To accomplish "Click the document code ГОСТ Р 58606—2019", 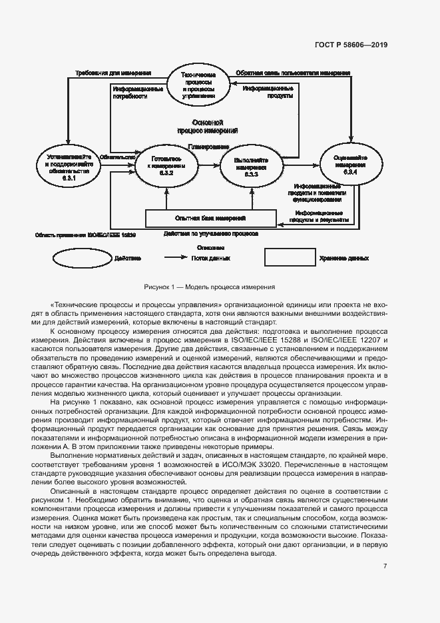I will coord(351,45).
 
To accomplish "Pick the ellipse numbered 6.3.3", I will coord(251,164).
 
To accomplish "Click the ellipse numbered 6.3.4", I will coord(351,163).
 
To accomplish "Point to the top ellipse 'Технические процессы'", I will coord(198,85).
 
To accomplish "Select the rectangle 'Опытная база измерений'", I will coord(210,218).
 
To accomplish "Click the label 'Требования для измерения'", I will coord(112,73).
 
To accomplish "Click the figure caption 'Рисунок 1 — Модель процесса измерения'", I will coord(210,287).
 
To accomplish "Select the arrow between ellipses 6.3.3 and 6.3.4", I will coord(301,164).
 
